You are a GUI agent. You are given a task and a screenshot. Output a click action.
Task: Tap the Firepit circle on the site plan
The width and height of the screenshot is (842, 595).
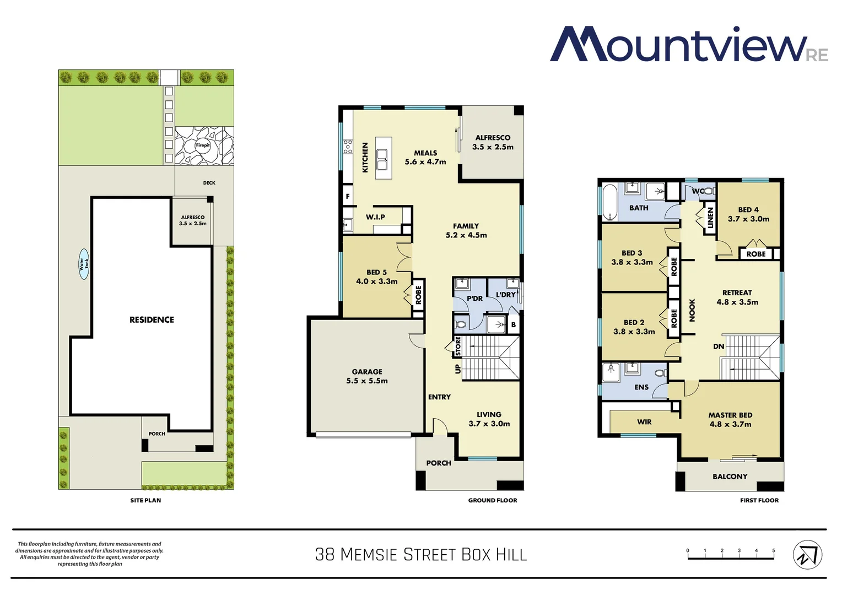click(x=203, y=145)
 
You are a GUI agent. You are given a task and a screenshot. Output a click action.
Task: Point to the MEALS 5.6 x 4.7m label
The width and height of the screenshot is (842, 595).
click(x=425, y=158)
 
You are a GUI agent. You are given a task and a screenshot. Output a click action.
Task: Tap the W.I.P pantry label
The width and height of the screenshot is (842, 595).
click(x=375, y=217)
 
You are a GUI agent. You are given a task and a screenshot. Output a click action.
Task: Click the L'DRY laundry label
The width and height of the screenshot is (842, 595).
click(x=505, y=295)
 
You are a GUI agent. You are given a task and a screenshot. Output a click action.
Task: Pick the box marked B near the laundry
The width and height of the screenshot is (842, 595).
click(x=513, y=324)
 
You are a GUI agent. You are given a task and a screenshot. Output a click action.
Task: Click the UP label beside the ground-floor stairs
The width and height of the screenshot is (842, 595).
click(x=457, y=369)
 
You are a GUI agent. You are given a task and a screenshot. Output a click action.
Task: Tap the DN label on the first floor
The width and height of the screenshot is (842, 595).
click(x=719, y=347)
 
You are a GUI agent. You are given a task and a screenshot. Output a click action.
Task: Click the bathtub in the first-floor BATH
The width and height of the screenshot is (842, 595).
click(x=610, y=202)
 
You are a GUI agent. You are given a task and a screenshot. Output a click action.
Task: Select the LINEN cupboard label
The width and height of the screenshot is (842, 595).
click(x=710, y=218)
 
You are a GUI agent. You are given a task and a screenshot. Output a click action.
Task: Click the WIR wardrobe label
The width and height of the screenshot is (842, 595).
click(x=644, y=422)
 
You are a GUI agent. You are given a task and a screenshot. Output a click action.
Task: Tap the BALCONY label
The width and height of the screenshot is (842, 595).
click(x=730, y=477)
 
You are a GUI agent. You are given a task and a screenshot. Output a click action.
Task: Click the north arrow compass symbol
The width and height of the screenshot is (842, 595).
click(x=807, y=554)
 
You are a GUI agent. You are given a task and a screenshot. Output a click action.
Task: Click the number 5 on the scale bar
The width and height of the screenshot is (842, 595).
click(x=773, y=550)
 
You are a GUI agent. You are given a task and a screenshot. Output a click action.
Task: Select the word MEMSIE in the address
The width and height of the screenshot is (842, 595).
click(x=369, y=554)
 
